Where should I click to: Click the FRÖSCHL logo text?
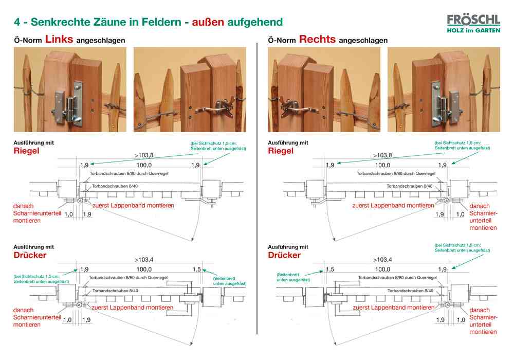(473, 20)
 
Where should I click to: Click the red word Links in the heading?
(59, 39)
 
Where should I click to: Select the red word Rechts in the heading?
(317, 39)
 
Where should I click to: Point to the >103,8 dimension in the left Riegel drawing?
(144, 155)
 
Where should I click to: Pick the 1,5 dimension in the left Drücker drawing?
(196, 269)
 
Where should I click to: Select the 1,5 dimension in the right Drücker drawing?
(329, 269)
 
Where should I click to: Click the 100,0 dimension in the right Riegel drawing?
(382, 165)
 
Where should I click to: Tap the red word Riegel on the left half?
(26, 151)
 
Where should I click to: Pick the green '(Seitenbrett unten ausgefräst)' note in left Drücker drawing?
(230, 281)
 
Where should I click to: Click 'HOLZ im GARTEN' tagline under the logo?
(473, 30)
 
